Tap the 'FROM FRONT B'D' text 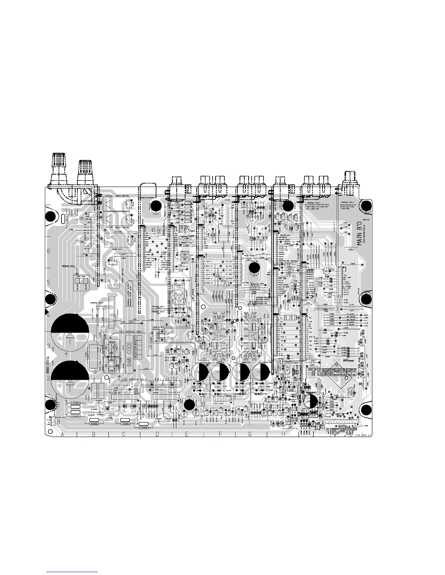tap(364, 435)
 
